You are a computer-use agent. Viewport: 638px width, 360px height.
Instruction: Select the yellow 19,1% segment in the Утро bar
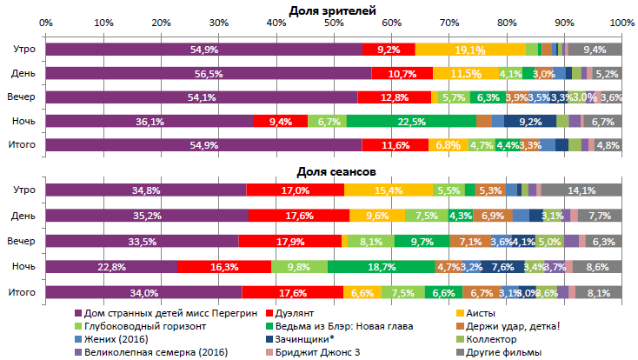469,50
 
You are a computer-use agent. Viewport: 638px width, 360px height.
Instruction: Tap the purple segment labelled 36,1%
150,122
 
